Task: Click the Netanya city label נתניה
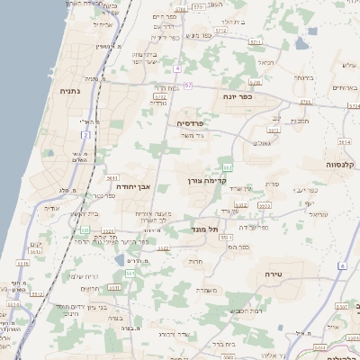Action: (x=69, y=91)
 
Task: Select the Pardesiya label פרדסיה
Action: (x=190, y=122)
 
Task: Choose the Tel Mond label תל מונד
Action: (x=206, y=229)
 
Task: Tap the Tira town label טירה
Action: (x=275, y=272)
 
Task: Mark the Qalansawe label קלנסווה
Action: (x=342, y=165)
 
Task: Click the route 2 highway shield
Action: (x=86, y=134)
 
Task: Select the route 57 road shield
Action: (x=187, y=85)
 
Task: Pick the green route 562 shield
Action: (x=229, y=167)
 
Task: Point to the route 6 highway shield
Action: (x=342, y=265)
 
